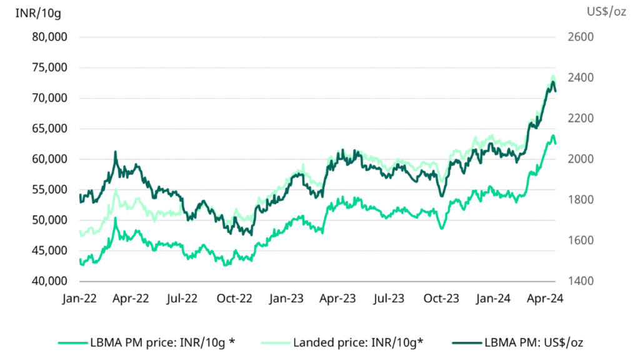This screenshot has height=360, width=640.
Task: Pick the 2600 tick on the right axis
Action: click(x=581, y=37)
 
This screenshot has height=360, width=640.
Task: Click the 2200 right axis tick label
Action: click(x=581, y=118)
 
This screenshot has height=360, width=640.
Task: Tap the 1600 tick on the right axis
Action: click(x=581, y=241)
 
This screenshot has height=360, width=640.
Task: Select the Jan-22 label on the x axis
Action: click(x=80, y=299)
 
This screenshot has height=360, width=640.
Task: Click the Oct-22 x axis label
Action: click(x=234, y=299)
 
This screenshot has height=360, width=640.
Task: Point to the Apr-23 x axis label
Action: click(x=338, y=299)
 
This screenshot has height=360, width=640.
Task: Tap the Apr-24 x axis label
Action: click(x=546, y=299)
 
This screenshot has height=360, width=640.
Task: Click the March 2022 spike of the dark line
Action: click(x=116, y=152)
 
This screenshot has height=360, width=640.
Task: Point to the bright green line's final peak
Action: click(x=552, y=136)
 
